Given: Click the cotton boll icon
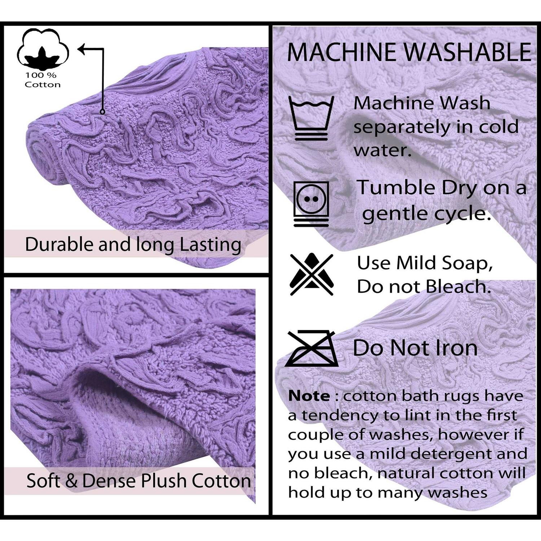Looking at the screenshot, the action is (43, 49).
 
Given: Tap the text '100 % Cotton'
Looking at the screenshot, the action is (43, 80).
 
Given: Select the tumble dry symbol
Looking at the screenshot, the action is (311, 204).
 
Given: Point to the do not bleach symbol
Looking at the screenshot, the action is (312, 274).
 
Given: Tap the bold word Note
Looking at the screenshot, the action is (309, 396).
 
